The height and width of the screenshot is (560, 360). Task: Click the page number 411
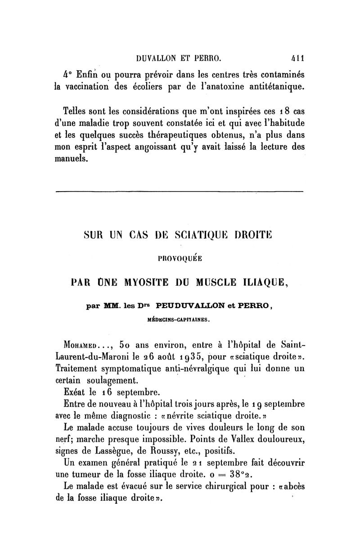(297, 58)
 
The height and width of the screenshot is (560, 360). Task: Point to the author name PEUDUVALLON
(194, 305)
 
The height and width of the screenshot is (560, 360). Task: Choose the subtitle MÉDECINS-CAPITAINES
(179, 320)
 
